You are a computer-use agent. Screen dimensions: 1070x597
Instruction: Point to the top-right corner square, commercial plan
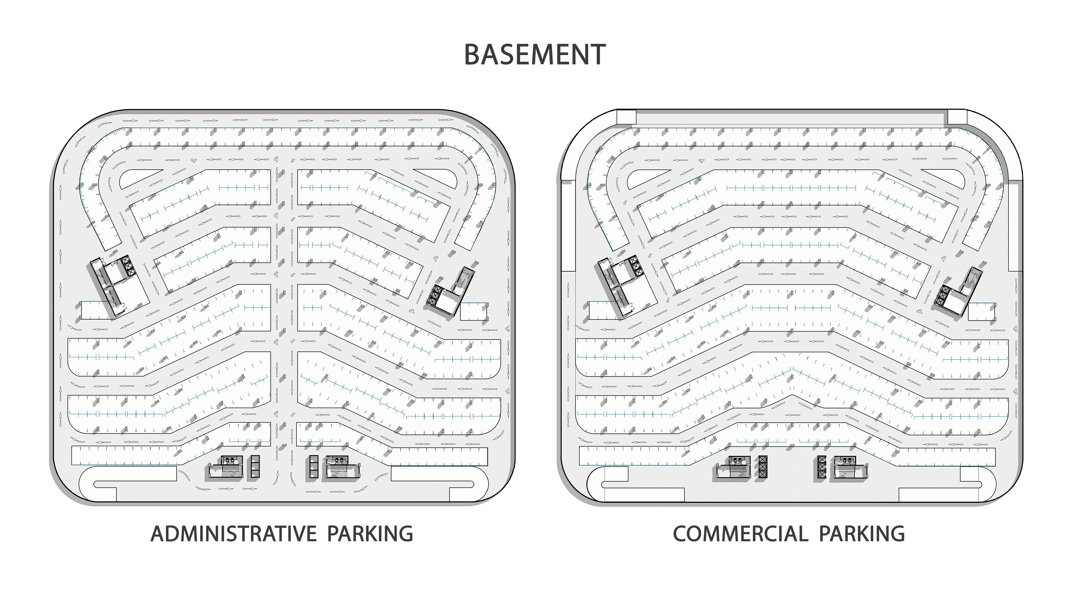coord(957,117)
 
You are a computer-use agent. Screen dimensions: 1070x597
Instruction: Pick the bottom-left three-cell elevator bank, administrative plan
coord(255,467)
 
